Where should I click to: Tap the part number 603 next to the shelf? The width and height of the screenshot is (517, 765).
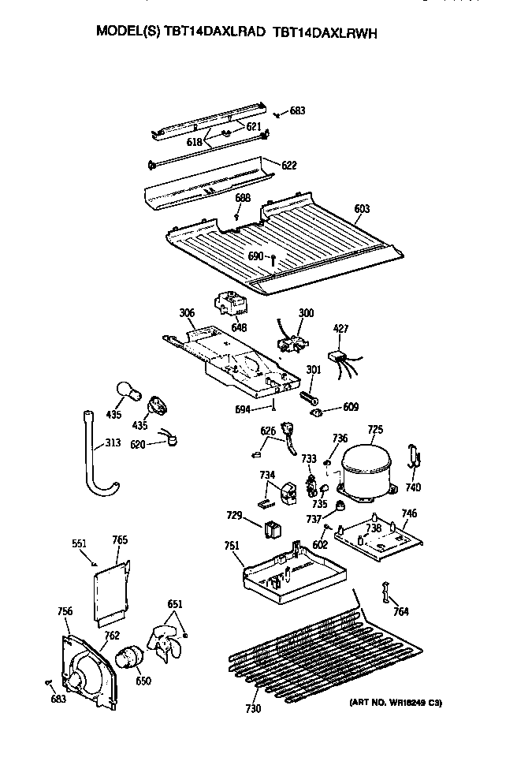point(362,208)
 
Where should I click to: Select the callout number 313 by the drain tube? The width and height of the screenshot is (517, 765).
point(113,443)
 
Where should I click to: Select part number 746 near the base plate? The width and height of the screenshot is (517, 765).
point(408,513)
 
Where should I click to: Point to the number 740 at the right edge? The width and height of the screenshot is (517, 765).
point(414,487)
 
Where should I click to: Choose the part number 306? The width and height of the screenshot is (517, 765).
point(186,313)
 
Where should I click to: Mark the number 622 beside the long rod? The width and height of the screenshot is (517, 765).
point(289,165)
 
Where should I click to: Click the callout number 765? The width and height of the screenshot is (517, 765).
point(120,540)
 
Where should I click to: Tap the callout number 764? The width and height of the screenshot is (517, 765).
point(401,612)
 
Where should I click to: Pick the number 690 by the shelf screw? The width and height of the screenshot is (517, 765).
point(255,256)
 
